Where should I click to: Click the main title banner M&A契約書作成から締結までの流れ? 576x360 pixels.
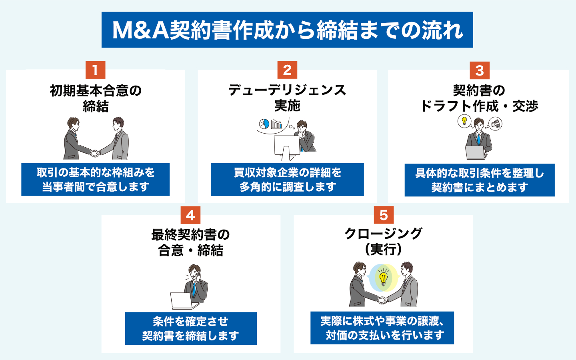tap(287, 30)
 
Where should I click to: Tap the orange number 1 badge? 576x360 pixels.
tap(95, 70)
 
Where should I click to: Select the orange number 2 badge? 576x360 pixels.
tap(287, 70)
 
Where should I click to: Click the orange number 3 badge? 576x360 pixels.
tap(479, 71)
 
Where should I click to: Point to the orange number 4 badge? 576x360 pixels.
tap(190, 215)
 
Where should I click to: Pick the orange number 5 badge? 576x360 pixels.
tap(384, 215)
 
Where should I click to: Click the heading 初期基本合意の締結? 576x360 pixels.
tap(96, 98)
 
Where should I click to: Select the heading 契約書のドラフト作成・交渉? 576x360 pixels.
tap(479, 98)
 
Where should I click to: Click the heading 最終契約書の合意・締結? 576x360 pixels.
tap(190, 242)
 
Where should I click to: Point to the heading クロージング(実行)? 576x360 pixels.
tap(383, 241)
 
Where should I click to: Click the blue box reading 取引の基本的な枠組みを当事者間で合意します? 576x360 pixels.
tap(96, 180)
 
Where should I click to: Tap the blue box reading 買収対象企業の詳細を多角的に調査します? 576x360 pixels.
tap(287, 180)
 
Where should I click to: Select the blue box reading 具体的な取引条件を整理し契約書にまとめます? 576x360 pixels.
tap(479, 180)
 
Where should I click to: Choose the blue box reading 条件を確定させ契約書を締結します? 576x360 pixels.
tap(191, 328)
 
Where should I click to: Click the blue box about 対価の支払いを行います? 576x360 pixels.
tap(382, 328)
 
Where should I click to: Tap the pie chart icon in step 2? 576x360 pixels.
tap(264, 124)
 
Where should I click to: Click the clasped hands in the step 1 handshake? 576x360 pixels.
tap(95, 153)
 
